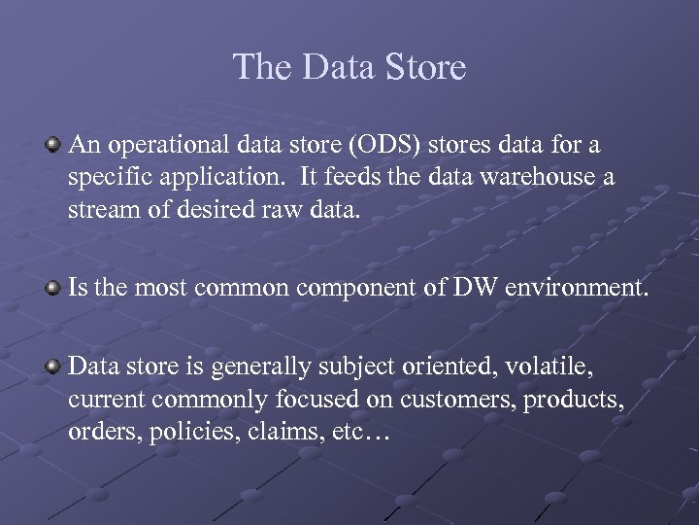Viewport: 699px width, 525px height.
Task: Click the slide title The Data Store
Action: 349,67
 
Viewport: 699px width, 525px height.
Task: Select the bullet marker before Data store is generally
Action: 55,367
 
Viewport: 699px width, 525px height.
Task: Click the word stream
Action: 98,211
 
